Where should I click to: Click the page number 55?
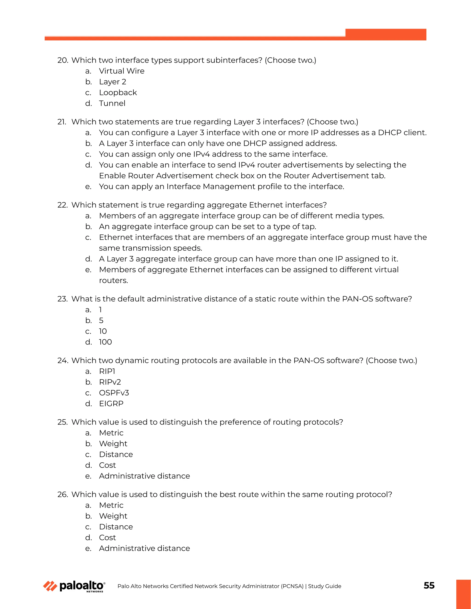(x=429, y=585)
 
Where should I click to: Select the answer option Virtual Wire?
(x=122, y=71)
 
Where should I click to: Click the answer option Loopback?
(x=118, y=92)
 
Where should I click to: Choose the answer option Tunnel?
(x=112, y=103)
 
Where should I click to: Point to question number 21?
(x=62, y=122)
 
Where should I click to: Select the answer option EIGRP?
(x=111, y=404)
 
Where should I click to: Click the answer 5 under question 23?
(x=101, y=320)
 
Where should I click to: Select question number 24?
(x=63, y=361)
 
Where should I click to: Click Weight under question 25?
(x=113, y=443)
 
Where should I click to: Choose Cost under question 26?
(x=107, y=537)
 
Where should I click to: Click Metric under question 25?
(x=111, y=433)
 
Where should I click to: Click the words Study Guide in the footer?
(x=325, y=586)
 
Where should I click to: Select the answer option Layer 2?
(x=112, y=82)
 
